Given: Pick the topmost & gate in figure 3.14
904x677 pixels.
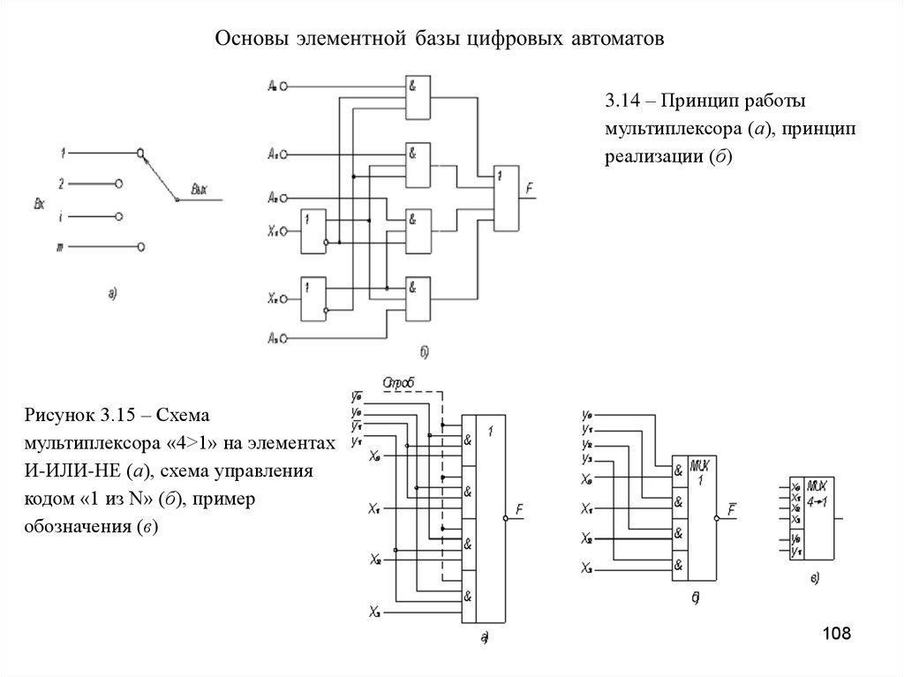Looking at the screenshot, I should pyautogui.click(x=418, y=94).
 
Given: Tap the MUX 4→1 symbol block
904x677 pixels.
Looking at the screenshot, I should pyautogui.click(x=813, y=518).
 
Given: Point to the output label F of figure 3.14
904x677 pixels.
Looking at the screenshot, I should pyautogui.click(x=529, y=188).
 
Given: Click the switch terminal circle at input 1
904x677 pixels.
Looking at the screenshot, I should pyautogui.click(x=140, y=154).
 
